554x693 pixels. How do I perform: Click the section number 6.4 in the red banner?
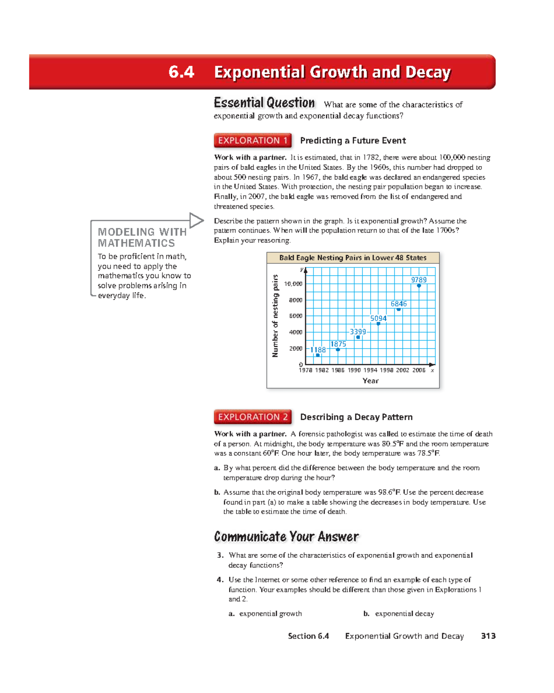(x=181, y=72)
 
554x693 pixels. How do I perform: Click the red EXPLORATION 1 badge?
(x=253, y=140)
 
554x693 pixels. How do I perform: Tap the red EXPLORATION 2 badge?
(x=253, y=417)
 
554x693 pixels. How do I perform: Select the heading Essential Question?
(x=264, y=102)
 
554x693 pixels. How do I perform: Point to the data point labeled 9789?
(x=419, y=286)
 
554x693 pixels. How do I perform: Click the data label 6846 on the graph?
(x=398, y=304)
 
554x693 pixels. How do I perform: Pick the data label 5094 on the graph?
(x=378, y=319)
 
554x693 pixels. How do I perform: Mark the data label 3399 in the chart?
(x=358, y=332)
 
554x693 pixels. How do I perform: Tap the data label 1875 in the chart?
(x=338, y=344)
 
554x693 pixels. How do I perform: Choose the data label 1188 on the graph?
(x=318, y=350)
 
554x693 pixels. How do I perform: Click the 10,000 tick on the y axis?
(x=293, y=284)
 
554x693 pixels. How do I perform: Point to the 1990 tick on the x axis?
(x=354, y=370)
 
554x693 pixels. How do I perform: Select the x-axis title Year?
(x=370, y=381)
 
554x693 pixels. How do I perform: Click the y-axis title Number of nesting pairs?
(x=276, y=316)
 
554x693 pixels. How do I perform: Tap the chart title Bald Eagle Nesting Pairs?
(x=353, y=258)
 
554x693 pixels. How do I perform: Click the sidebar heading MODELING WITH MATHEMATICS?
(x=142, y=237)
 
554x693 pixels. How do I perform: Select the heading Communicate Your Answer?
(x=286, y=536)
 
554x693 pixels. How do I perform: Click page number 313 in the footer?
(x=488, y=636)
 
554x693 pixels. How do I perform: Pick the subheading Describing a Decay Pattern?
(x=356, y=417)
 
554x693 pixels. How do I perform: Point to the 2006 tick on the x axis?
(x=419, y=370)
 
